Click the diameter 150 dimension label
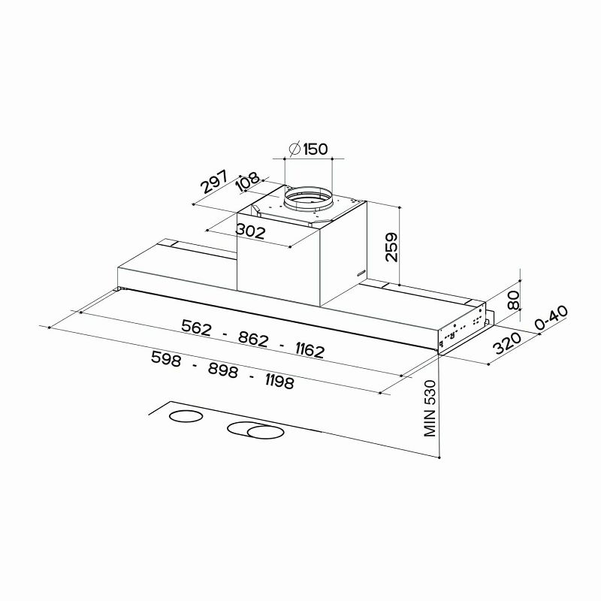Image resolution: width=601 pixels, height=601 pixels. click(x=308, y=149)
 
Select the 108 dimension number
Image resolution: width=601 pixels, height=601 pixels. click(x=247, y=183)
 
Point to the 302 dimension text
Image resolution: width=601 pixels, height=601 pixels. click(x=250, y=232)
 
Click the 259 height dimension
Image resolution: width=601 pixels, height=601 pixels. click(x=391, y=247)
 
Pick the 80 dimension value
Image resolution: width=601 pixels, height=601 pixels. click(x=514, y=301)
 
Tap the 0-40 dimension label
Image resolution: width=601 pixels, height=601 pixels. click(x=551, y=320)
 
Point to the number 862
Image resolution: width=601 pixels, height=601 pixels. click(x=253, y=339)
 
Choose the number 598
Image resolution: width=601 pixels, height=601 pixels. click(x=167, y=359)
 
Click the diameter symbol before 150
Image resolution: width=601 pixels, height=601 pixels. click(x=294, y=149)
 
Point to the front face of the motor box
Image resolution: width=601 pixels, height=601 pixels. click(x=278, y=267)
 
